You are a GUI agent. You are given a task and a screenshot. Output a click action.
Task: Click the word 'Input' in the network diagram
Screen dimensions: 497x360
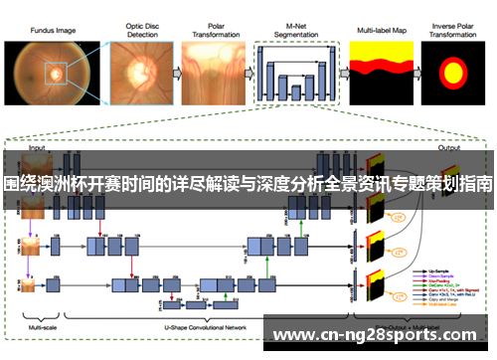37,147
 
